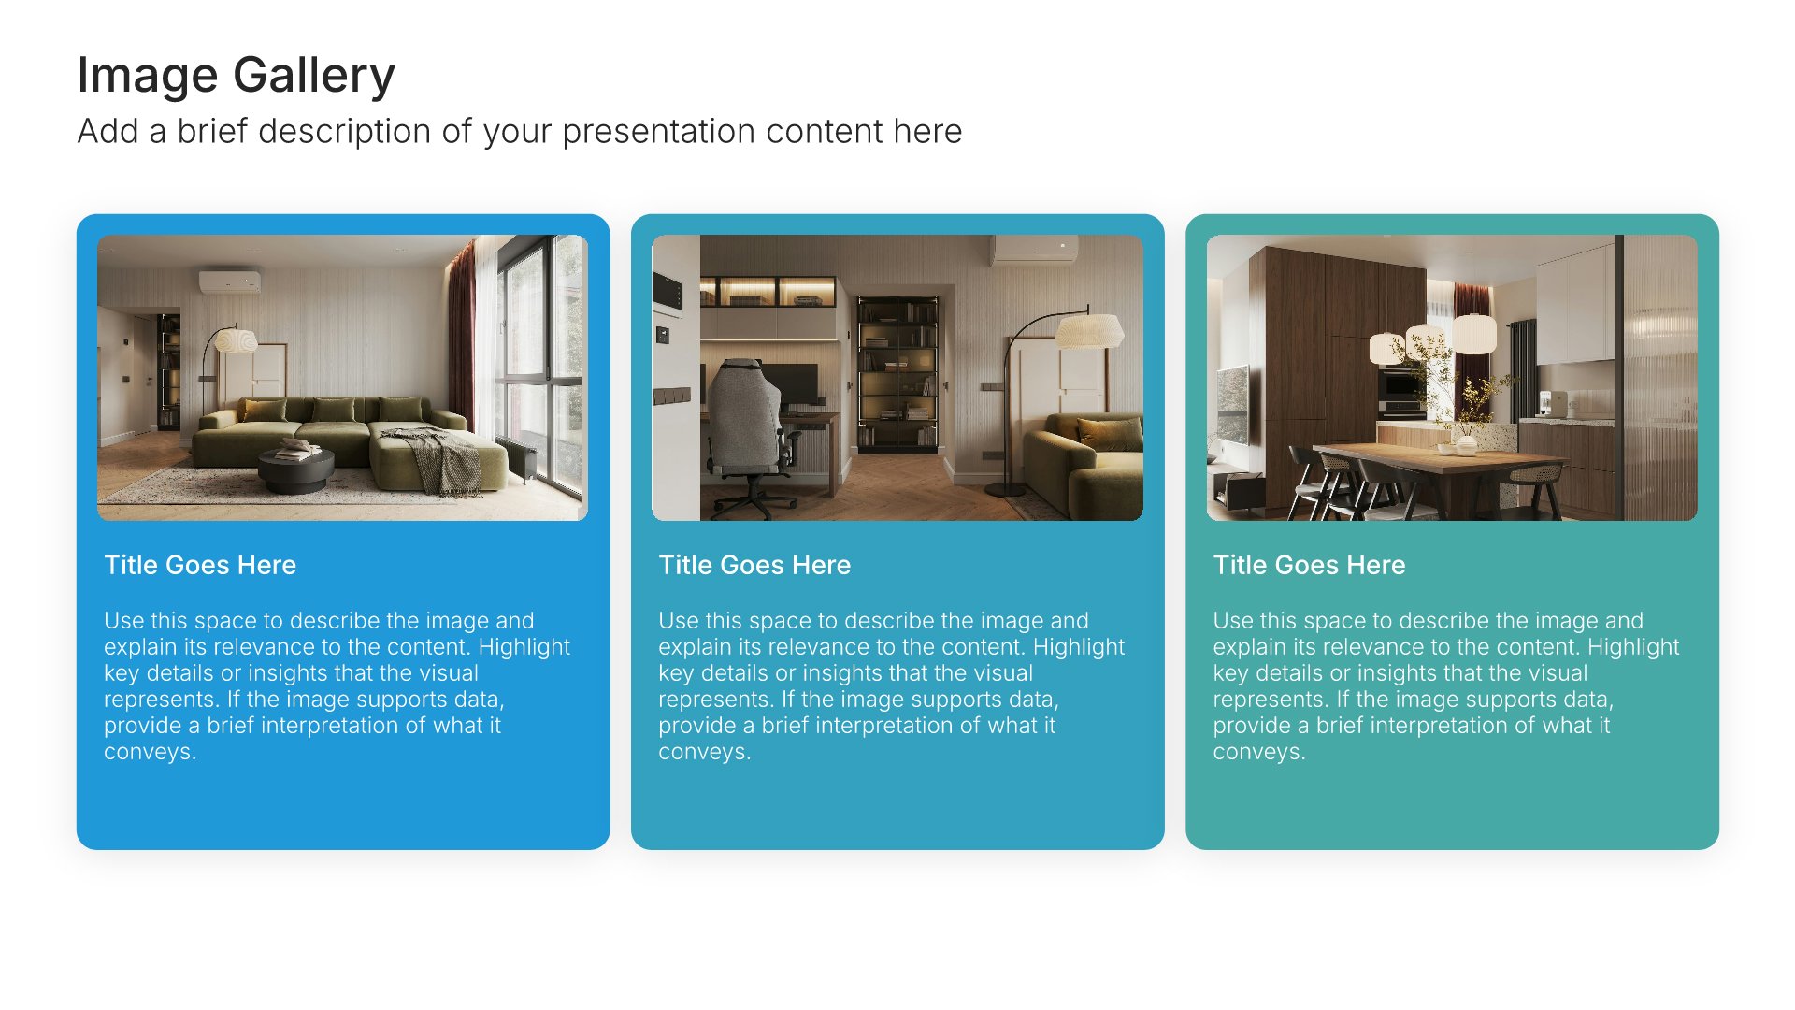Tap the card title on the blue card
(200, 565)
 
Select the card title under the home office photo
(754, 565)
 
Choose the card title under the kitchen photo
(1309, 565)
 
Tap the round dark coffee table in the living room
(295, 470)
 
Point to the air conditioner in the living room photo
(229, 281)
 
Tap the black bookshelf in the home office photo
(897, 374)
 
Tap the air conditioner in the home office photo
(1034, 248)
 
